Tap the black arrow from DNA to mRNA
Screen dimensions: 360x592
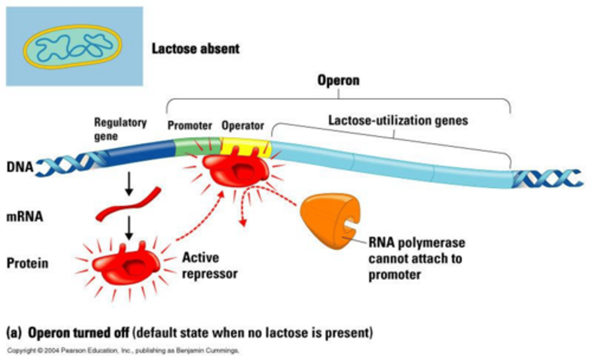[129, 184]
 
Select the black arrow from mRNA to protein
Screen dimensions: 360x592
[129, 228]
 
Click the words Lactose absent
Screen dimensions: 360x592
[195, 49]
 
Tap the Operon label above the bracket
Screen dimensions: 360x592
[338, 80]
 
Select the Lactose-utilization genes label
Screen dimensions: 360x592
[398, 121]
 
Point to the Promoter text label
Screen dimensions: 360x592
[190, 125]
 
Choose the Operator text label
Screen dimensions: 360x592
[243, 125]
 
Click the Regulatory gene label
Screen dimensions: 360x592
[120, 129]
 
